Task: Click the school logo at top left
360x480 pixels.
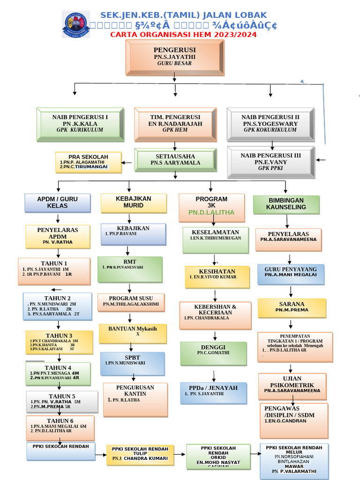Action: pyautogui.click(x=76, y=25)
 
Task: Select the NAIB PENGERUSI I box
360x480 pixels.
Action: pyautogui.click(x=80, y=123)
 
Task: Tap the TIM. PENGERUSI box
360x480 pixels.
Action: pyautogui.click(x=175, y=124)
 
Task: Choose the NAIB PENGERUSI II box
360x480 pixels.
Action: pyautogui.click(x=270, y=124)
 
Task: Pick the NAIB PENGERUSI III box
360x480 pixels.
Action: pyautogui.click(x=270, y=162)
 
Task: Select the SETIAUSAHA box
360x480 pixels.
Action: pyautogui.click(x=175, y=159)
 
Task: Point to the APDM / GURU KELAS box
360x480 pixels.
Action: pyautogui.click(x=58, y=202)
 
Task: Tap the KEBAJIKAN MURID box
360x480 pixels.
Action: pyautogui.click(x=134, y=202)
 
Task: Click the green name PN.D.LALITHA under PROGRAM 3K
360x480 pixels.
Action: pyautogui.click(x=211, y=212)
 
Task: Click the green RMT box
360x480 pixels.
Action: pyautogui.click(x=130, y=269)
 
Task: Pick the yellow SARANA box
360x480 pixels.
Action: pyautogui.click(x=292, y=307)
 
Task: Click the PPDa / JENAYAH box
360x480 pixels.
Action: pyautogui.click(x=213, y=392)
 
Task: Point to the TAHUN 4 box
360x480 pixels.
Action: pyautogui.click(x=58, y=373)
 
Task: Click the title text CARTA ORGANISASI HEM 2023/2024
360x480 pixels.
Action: pyautogui.click(x=183, y=35)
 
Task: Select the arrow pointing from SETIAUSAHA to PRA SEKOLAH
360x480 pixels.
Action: pyautogui.click(x=127, y=163)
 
